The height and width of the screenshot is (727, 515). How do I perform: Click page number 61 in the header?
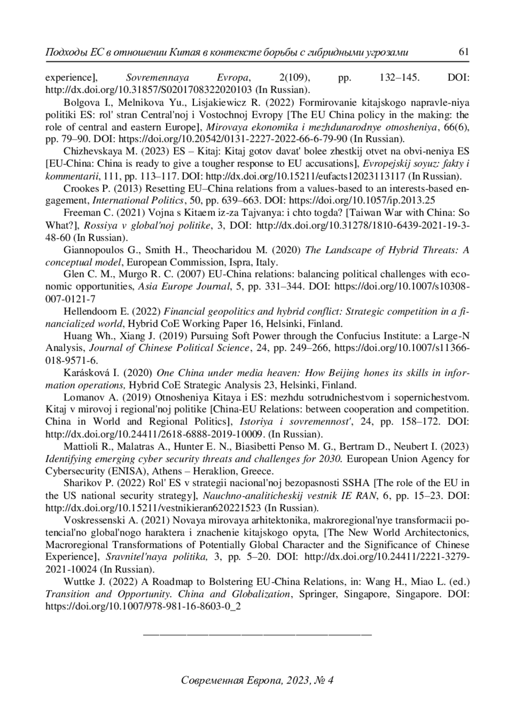463,52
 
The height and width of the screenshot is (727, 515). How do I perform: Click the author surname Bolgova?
80,103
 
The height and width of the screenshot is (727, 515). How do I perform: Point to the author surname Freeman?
80,213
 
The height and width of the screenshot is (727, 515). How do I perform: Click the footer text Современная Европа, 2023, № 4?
257,680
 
